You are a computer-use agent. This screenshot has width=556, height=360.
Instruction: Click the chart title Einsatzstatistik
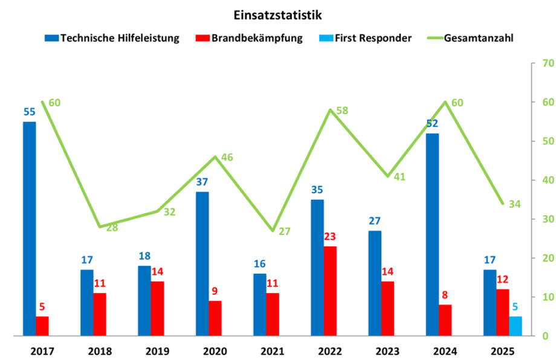pyautogui.click(x=278, y=13)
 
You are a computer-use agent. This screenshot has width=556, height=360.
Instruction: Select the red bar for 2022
pyautogui.click(x=329, y=291)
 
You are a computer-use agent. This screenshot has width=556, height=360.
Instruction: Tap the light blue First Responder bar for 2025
pyautogui.click(x=516, y=326)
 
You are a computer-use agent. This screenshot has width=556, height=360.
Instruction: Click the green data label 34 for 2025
pyautogui.click(x=514, y=204)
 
